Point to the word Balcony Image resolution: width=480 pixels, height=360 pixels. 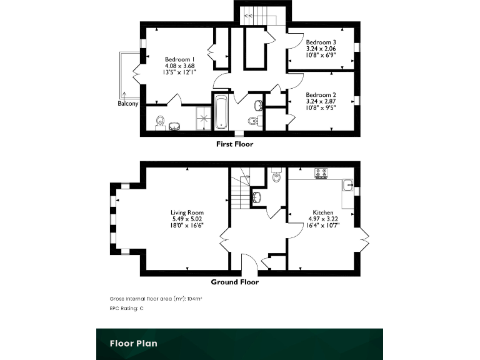tap(128, 104)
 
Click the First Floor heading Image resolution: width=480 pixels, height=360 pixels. tap(234, 144)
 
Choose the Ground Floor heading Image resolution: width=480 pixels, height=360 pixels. tap(234, 282)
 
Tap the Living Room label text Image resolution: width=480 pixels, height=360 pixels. tap(187, 212)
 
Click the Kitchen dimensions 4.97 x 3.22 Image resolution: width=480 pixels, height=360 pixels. tap(323, 219)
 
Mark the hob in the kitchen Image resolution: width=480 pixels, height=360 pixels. tap(321, 173)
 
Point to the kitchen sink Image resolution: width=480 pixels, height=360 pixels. tap(347, 184)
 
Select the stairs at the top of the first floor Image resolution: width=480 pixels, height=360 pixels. tap(259, 14)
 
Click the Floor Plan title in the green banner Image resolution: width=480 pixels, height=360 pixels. tap(133, 343)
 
